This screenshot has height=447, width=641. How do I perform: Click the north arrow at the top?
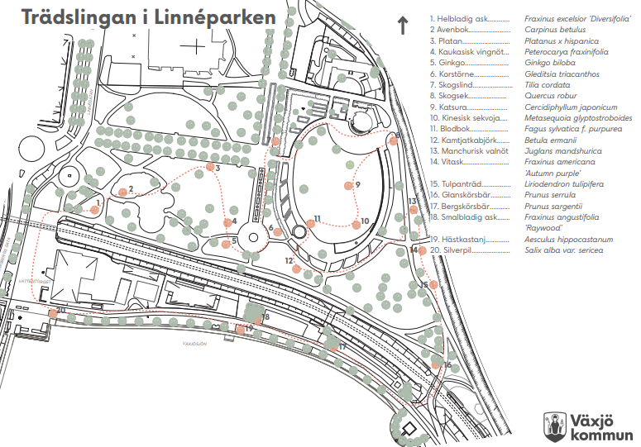[x=403, y=26]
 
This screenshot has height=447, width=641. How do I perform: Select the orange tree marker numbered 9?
[x=349, y=186]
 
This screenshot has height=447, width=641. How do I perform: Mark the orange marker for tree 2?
[x=121, y=192]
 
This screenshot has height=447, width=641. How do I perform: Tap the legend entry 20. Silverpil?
[x=454, y=250]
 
